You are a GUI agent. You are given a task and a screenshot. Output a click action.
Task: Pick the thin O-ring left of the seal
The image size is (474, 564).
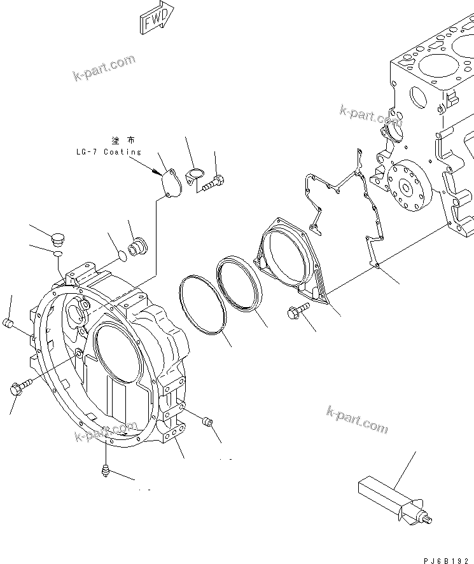(203, 305)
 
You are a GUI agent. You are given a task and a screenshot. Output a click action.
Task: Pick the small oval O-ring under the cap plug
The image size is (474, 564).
(57, 254)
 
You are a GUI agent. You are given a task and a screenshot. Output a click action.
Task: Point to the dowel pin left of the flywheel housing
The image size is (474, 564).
(8, 324)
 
